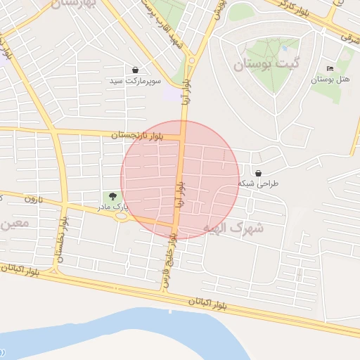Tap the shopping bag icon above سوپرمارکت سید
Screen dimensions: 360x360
(134, 70)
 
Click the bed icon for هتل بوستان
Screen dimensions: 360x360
(330, 69)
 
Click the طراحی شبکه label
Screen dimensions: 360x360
(259, 184)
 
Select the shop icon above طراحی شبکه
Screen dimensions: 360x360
(259, 173)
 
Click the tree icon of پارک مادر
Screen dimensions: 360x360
(112, 196)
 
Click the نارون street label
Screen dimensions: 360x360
(34, 200)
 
